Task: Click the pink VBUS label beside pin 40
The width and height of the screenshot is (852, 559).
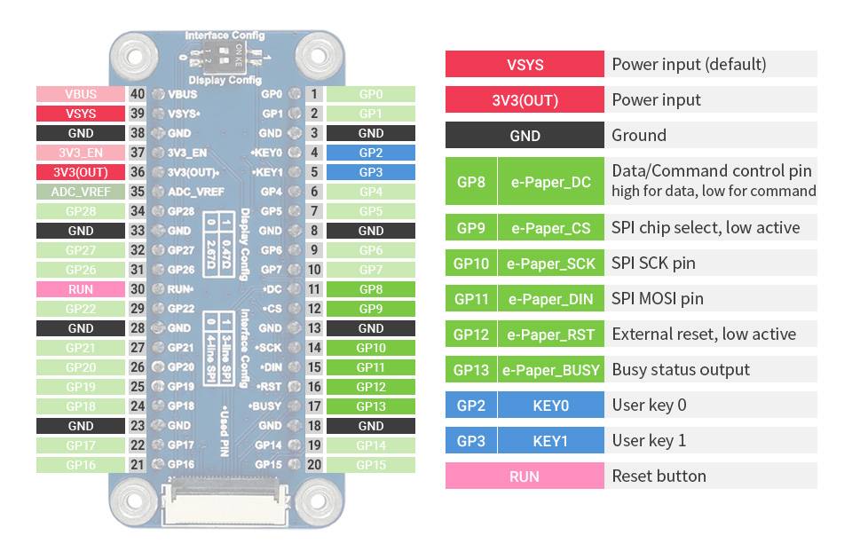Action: click(x=80, y=94)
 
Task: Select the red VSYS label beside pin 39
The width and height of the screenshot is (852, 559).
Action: click(x=80, y=114)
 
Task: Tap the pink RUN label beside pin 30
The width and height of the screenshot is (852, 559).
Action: click(x=80, y=289)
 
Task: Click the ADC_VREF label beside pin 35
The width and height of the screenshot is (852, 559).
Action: click(x=80, y=192)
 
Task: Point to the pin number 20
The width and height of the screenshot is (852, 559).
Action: click(x=314, y=465)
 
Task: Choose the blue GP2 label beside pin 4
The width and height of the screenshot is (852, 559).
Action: click(x=371, y=153)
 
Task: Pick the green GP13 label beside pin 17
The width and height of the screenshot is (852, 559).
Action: click(x=371, y=406)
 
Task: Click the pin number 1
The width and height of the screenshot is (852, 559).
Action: click(x=314, y=94)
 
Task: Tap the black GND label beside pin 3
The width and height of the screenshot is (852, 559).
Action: click(x=371, y=133)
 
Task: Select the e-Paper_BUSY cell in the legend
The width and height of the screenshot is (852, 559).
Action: click(x=550, y=370)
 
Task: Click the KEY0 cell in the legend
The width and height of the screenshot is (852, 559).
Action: click(x=550, y=405)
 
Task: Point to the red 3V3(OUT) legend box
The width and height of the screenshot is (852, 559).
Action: click(x=525, y=100)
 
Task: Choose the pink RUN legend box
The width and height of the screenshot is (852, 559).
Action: click(x=525, y=476)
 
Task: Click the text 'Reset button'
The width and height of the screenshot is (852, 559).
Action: click(x=659, y=476)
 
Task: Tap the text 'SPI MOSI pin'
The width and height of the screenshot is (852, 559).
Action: click(x=657, y=299)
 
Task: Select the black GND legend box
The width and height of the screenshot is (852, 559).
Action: click(x=525, y=136)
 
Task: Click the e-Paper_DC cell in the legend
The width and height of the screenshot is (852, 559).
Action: click(x=550, y=182)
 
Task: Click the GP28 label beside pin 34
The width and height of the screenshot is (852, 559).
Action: click(x=80, y=211)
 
